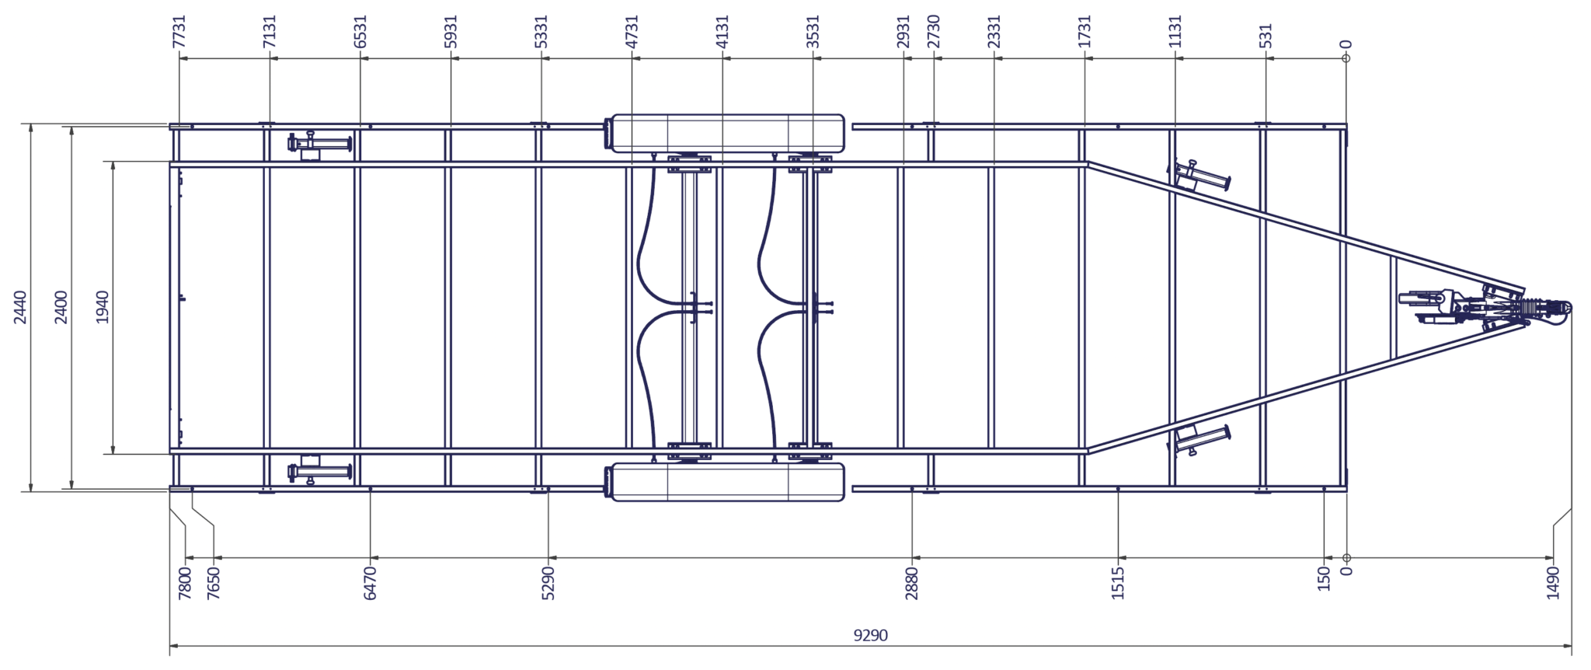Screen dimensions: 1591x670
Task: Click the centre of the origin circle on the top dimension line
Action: (x=1346, y=58)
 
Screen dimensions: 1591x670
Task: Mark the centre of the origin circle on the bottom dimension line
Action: (x=1346, y=557)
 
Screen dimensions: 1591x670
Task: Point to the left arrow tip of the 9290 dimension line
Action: (x=170, y=645)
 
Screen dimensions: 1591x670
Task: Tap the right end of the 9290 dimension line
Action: (x=1572, y=645)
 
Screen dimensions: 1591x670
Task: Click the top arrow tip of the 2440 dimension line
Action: (x=31, y=124)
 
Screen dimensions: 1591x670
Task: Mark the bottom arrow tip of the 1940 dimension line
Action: (x=113, y=454)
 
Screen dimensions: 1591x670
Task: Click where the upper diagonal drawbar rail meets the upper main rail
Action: (x=1088, y=163)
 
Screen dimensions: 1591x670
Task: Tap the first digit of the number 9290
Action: (x=857, y=635)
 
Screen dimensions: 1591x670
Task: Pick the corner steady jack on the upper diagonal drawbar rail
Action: (x=1199, y=177)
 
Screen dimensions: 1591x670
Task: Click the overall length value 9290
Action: (x=870, y=635)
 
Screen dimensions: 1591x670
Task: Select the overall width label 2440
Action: (x=20, y=307)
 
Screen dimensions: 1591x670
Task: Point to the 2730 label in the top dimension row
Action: (x=934, y=32)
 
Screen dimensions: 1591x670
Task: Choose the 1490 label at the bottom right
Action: (x=1553, y=582)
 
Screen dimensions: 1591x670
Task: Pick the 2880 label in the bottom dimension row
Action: (x=912, y=583)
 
